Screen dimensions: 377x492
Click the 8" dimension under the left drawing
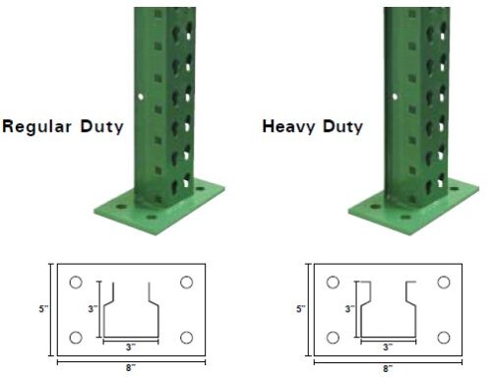(x=130, y=369)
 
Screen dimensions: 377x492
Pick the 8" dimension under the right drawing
(x=386, y=369)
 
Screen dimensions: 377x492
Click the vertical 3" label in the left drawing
(x=91, y=308)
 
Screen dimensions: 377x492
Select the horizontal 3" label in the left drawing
(x=129, y=347)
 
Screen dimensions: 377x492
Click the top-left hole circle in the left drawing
(x=76, y=283)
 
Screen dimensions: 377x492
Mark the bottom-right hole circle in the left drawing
(x=185, y=339)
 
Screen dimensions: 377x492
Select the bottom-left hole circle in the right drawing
(x=332, y=339)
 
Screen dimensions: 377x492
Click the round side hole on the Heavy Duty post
(x=392, y=96)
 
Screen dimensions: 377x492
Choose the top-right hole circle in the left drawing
(x=185, y=283)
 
